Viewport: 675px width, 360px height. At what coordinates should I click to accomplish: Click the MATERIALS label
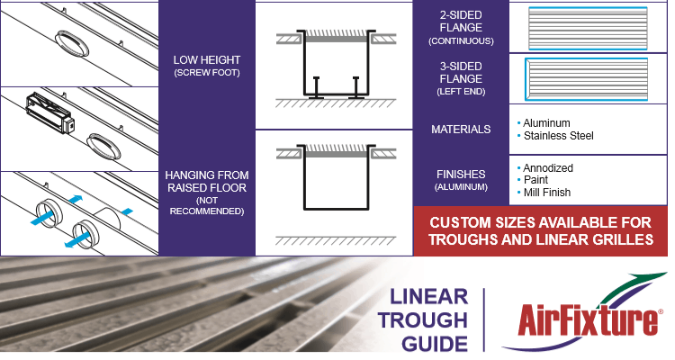[460, 130]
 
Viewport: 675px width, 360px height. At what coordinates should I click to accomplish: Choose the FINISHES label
[460, 174]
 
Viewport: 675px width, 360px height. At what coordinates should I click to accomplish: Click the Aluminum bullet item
[546, 123]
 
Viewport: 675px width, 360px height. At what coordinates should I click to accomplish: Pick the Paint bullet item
[537, 180]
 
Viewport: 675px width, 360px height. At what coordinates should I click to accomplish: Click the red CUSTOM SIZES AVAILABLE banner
[540, 231]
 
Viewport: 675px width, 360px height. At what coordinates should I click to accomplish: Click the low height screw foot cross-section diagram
[333, 67]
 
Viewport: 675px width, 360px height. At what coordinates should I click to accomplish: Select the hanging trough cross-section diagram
[333, 189]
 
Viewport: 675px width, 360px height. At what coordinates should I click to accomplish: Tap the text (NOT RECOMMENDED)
[206, 205]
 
